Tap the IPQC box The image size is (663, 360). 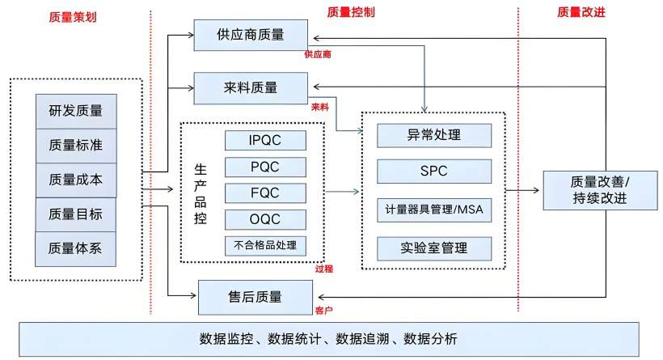265,140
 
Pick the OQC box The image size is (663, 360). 265,219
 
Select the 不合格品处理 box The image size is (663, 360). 265,245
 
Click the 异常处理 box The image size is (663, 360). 434,135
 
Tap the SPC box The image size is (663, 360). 434,172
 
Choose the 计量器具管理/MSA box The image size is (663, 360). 434,209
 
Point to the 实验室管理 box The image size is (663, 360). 434,247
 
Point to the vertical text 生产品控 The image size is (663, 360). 201,192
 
